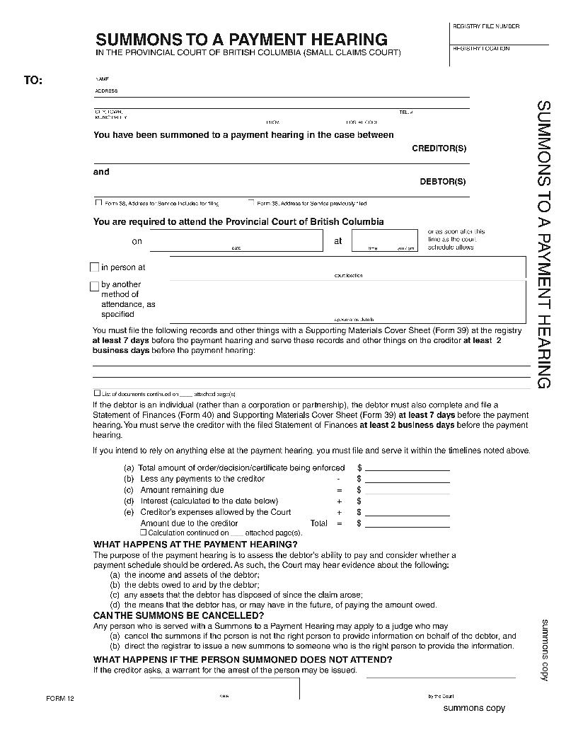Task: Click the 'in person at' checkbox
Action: point(94,267)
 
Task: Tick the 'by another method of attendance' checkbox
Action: point(94,286)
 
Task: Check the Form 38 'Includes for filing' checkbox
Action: point(98,202)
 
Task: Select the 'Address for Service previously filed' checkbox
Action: point(251,202)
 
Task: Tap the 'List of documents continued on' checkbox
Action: point(97,393)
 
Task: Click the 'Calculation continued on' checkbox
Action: point(144,532)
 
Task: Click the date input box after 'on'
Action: point(236,240)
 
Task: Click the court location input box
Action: point(347,267)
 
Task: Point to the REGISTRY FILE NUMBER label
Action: point(485,26)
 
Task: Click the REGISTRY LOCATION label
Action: point(480,49)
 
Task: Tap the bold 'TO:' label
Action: point(33,81)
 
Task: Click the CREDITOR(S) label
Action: point(439,149)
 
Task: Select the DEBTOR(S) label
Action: point(443,182)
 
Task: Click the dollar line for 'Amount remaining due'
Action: point(407,489)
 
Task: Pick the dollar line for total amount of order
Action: point(407,467)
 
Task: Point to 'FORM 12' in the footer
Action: point(60,698)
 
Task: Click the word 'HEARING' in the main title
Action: point(344,39)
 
